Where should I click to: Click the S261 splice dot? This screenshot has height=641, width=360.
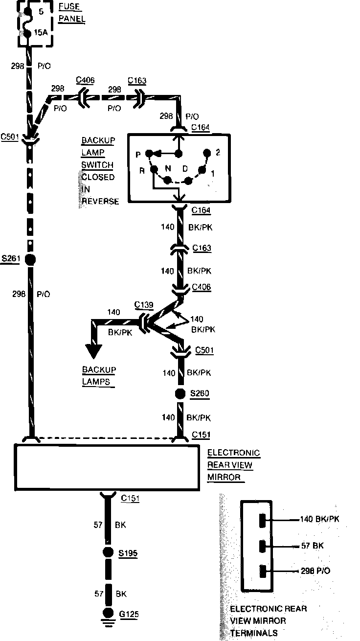pyautogui.click(x=30, y=259)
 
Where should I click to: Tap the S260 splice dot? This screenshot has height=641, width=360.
pyautogui.click(x=180, y=393)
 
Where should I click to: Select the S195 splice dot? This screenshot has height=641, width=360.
pyautogui.click(x=108, y=553)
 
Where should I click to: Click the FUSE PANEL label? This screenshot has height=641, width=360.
pyautogui.click(x=71, y=13)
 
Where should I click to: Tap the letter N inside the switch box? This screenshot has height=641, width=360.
pyautogui.click(x=168, y=168)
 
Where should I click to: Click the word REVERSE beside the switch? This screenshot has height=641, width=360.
pyautogui.click(x=100, y=202)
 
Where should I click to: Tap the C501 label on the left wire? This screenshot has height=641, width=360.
pyautogui.click(x=10, y=137)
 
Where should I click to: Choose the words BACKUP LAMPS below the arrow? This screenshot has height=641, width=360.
pyautogui.click(x=98, y=375)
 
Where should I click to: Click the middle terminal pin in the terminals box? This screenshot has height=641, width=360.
pyautogui.click(x=263, y=546)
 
